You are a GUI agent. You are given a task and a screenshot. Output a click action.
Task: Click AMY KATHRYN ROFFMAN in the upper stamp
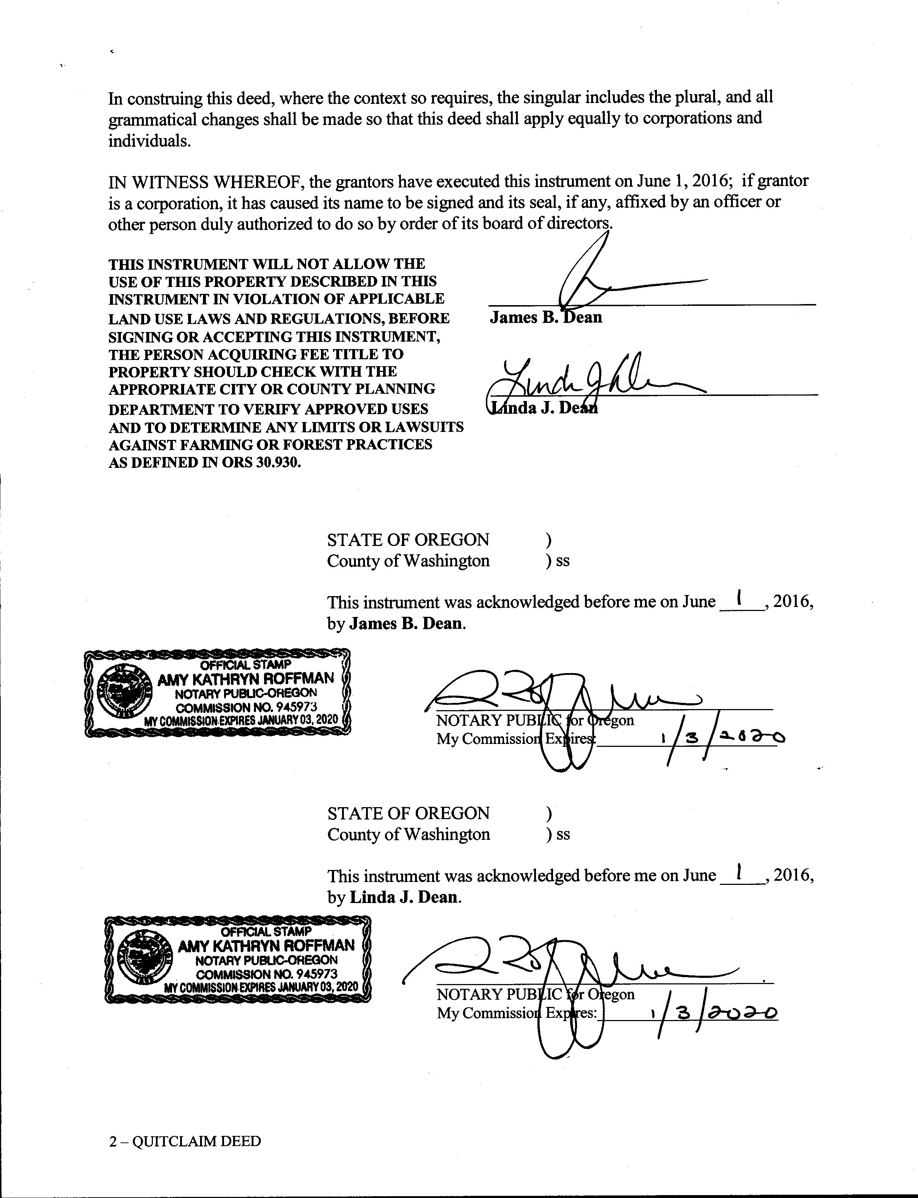tap(245, 679)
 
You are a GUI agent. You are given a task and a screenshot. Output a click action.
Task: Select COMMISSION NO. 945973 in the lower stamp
tap(267, 974)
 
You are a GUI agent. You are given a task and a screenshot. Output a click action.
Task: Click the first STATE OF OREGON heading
tap(408, 540)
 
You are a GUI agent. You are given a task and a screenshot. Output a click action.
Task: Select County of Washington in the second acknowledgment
tap(409, 834)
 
